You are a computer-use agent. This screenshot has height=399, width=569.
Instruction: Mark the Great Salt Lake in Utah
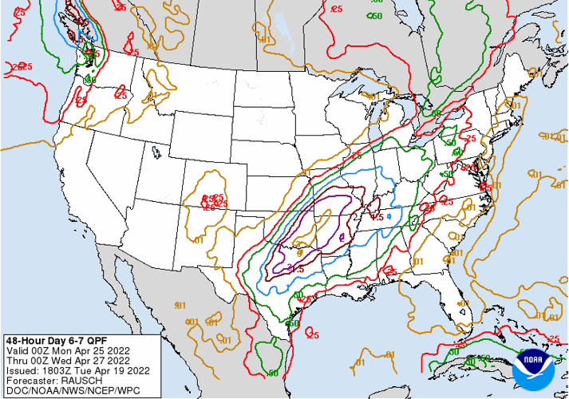[156, 148]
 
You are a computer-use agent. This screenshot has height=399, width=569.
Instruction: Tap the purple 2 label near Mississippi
[342, 237]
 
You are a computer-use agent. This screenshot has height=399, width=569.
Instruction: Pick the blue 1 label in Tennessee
[389, 216]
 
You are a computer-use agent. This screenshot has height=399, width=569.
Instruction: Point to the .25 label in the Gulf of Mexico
[313, 335]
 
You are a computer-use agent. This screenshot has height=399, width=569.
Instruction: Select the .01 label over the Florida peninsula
[460, 304]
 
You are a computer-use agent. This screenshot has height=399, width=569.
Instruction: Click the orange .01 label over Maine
[535, 73]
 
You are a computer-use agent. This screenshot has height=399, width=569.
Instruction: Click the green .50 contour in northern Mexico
[273, 373]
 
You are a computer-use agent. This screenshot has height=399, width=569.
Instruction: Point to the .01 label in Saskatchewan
[264, 38]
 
